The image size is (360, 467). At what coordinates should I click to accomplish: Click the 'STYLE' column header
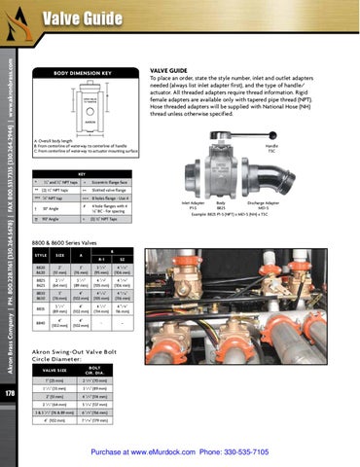pos(41,255)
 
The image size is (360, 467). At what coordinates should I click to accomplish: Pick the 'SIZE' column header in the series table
pos(59,255)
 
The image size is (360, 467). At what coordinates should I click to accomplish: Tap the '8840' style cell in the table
pos(41,322)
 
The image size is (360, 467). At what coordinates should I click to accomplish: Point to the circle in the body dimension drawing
pos(85,100)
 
